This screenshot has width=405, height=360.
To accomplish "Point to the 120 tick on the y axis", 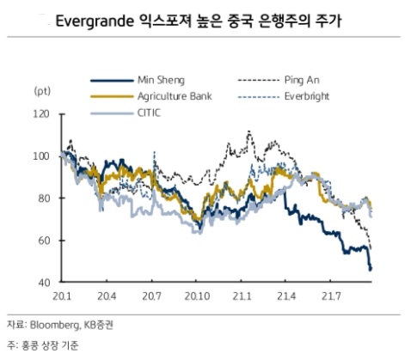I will pos(42,114).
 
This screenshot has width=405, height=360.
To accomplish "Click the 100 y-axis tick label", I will pos(42,156).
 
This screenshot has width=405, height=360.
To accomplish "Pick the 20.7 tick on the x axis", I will pos(152,296).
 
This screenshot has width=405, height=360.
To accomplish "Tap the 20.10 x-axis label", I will pos(198,296).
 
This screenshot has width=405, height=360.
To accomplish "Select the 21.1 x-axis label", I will pos(242,296).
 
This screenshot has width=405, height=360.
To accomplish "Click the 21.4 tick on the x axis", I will pos(286,296).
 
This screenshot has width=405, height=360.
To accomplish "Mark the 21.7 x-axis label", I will pos(331,296).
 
